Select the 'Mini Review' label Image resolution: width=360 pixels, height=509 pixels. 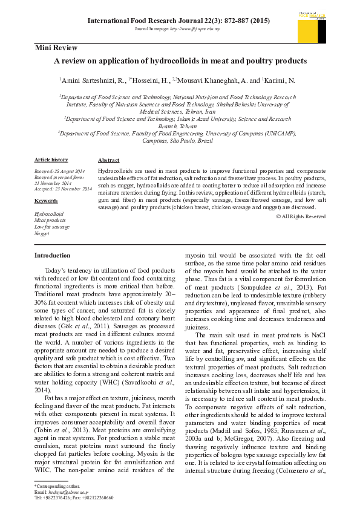[55, 48]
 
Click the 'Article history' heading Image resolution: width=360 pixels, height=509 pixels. [51, 160]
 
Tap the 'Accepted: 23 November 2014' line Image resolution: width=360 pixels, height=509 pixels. [63, 189]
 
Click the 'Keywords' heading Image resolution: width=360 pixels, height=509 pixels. [46, 201]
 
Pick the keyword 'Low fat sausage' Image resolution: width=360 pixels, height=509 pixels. [52, 227]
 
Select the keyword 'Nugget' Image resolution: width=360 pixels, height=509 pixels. [42, 233]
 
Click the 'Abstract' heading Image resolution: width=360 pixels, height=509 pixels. [108, 160]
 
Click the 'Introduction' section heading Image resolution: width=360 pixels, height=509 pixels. [52, 255]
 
